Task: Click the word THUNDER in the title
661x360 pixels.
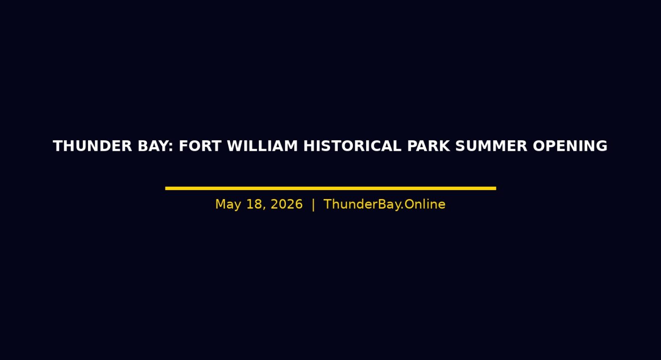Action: pos(93,146)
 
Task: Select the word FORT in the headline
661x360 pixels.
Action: pos(200,146)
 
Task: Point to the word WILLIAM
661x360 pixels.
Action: pos(262,146)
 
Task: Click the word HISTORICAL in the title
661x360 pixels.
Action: pos(352,146)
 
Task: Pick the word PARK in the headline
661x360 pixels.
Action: pos(429,146)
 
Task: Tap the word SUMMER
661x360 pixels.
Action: pos(491,146)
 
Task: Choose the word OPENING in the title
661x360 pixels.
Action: pos(570,146)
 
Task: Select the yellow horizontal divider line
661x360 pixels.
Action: pos(330,188)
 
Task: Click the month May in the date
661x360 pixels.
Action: pos(228,205)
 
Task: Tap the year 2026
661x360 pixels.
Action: pos(287,204)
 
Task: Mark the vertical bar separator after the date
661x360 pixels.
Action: pos(313,205)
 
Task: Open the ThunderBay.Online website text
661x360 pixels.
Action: pos(384,204)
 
